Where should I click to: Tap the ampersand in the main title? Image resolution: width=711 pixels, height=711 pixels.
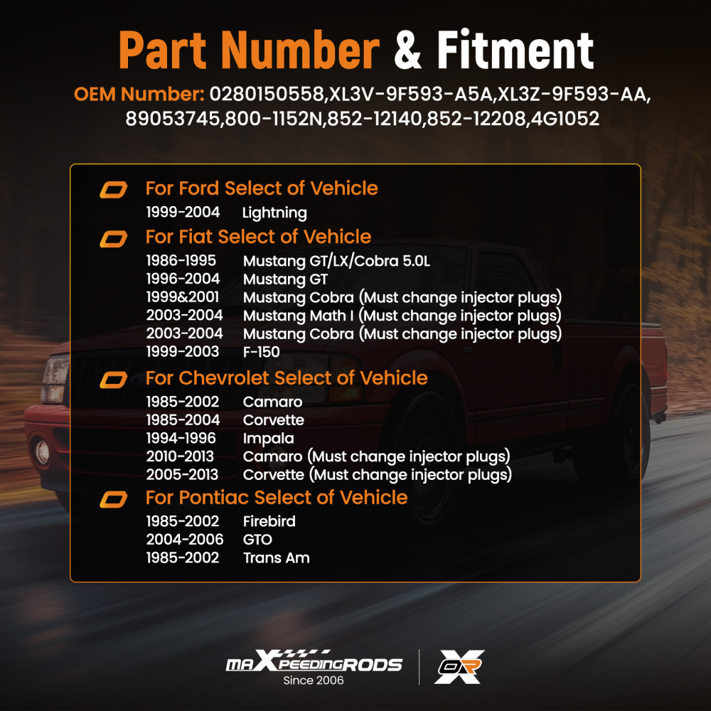click(407, 50)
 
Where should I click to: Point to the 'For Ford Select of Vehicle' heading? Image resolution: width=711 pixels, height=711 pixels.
click(262, 188)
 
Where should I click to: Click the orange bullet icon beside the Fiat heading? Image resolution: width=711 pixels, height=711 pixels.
click(113, 239)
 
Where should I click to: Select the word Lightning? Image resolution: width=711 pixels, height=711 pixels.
click(274, 213)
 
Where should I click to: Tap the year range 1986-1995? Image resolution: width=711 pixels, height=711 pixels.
click(181, 261)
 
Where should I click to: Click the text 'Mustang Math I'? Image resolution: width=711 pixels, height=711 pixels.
click(298, 316)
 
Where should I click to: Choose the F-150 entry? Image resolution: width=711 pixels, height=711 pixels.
click(261, 352)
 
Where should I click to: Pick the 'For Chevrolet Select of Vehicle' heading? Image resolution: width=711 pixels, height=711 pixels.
click(287, 378)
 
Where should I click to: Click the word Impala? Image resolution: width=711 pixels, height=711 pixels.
click(269, 439)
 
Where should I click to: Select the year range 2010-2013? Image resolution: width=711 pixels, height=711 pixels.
click(180, 456)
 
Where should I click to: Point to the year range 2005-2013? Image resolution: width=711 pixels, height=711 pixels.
click(182, 474)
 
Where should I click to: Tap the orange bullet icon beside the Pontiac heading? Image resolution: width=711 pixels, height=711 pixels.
click(113, 500)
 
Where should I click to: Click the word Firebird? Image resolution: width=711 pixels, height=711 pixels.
click(269, 521)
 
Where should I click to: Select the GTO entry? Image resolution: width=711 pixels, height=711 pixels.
click(257, 540)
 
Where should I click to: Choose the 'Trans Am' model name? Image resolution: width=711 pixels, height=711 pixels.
click(276, 557)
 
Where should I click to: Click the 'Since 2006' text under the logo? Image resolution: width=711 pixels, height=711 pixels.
click(314, 680)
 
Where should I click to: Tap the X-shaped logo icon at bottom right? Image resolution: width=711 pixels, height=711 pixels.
click(459, 667)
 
